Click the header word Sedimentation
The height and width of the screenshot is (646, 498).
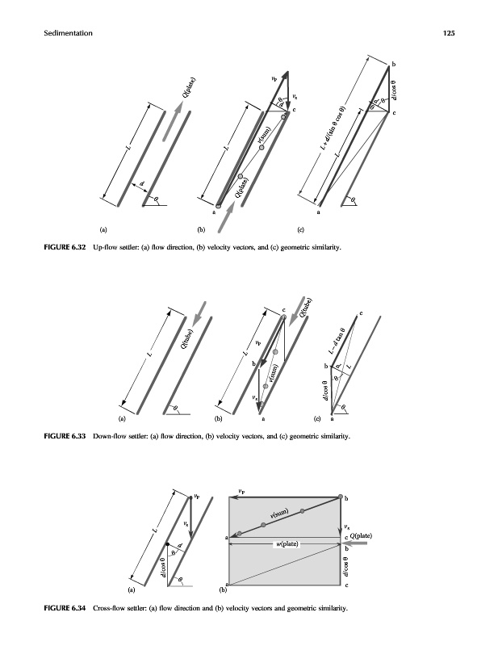pyautogui.click(x=61, y=33)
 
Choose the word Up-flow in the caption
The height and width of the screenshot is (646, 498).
pyautogui.click(x=107, y=247)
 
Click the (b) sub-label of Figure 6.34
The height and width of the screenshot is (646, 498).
pyautogui.click(x=224, y=591)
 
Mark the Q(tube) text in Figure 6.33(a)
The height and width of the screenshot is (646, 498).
pyautogui.click(x=186, y=339)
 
